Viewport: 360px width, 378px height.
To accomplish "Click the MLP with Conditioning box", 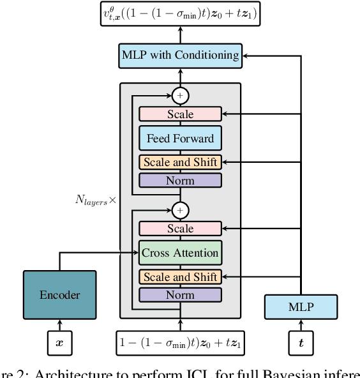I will point(180,55).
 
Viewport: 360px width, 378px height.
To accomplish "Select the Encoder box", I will point(60,295).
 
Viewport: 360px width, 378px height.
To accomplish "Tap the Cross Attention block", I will point(180,253).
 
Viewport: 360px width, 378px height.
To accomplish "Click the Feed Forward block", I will point(180,139).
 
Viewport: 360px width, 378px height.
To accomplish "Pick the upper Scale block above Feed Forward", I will point(180,114).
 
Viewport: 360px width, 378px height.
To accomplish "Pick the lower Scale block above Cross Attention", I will point(180,229).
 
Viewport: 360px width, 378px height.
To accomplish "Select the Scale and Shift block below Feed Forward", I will point(180,162).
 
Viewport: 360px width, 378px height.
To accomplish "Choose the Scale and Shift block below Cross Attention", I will point(180,277).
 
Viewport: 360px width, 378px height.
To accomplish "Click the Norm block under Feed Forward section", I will point(180,181).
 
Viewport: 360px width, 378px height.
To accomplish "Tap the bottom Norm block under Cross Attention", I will point(180,295).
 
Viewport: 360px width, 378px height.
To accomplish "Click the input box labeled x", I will point(60,342).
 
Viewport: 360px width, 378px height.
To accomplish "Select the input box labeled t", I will point(301,342).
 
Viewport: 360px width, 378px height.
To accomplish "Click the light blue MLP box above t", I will point(301,306).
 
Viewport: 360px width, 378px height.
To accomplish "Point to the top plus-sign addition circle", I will point(180,96).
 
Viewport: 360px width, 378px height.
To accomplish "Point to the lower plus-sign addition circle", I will point(180,210).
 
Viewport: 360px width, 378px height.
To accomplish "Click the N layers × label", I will point(96,200).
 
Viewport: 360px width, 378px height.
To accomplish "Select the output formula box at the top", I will point(180,13).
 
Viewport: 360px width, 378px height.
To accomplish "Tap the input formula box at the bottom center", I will point(180,342).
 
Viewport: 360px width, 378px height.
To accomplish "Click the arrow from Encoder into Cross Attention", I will point(102,253).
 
